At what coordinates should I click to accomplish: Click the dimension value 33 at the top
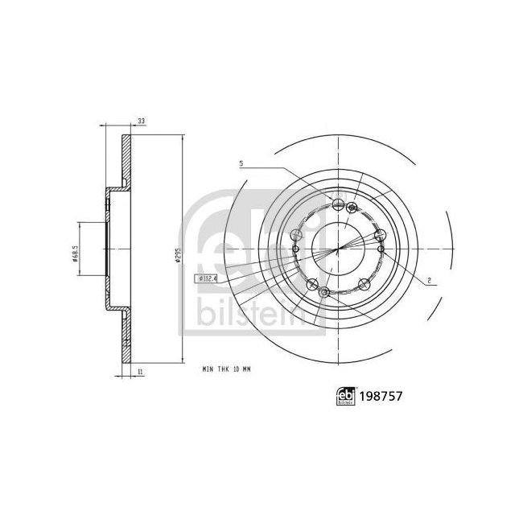tap(142, 121)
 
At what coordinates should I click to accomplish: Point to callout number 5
tap(241, 165)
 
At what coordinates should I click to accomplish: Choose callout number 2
tap(431, 279)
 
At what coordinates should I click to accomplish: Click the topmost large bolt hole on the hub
tap(339, 204)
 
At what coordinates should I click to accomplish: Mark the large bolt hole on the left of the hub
tap(296, 234)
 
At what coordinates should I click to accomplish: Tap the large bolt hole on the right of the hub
tap(380, 235)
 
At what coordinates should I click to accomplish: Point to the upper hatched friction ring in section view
tap(126, 160)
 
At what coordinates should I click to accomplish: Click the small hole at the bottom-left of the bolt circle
tap(323, 294)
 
